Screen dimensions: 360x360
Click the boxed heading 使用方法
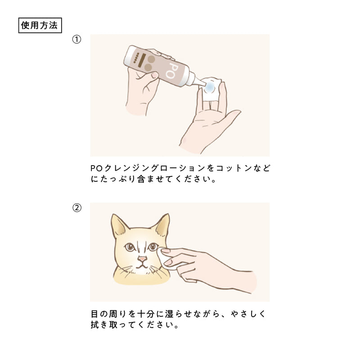pyautogui.click(x=40, y=25)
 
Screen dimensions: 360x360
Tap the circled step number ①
pyautogui.click(x=76, y=40)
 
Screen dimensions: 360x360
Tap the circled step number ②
pyautogui.click(x=77, y=208)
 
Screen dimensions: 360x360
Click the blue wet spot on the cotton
pyautogui.click(x=209, y=87)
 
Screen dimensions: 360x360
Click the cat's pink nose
pyautogui.click(x=142, y=259)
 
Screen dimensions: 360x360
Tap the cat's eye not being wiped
pyautogui.click(x=130, y=247)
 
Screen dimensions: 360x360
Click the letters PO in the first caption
pyautogui.click(x=96, y=168)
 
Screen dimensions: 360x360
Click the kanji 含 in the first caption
pyautogui.click(x=141, y=179)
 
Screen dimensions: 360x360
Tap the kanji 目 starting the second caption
pyautogui.click(x=94, y=314)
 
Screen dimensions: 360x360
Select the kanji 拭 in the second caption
pyautogui.click(x=95, y=324)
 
